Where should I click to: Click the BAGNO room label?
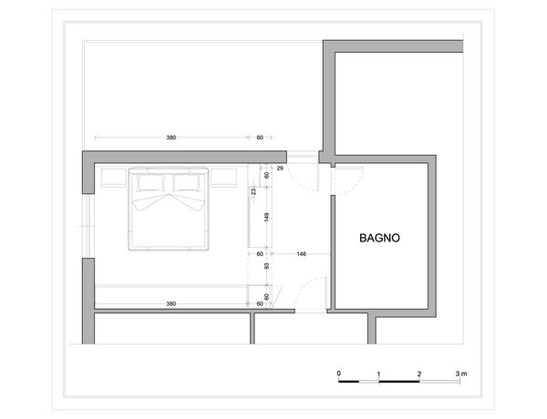379,238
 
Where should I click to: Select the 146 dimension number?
302,254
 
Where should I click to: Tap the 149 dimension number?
267,218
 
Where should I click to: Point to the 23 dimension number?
253,191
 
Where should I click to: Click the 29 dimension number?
280,169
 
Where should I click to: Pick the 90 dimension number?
267,267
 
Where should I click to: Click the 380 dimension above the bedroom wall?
171,138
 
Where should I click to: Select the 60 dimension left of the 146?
260,254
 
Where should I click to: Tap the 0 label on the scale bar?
339,373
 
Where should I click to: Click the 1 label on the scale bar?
379,374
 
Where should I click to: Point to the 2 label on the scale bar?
419,374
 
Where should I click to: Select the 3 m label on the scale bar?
461,374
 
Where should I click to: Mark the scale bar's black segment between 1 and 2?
399,382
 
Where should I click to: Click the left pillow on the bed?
151,183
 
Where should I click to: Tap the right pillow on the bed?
187,183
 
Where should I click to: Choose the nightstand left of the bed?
114,177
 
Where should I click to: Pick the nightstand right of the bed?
223,177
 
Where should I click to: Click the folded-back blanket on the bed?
168,202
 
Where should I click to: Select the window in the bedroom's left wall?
88,226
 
